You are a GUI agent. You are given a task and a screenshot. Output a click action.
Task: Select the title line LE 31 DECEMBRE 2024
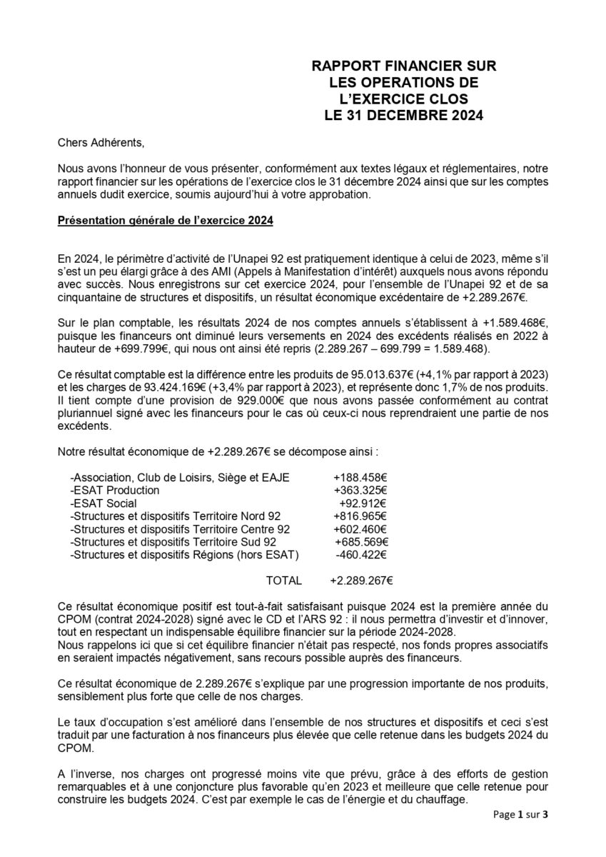(x=403, y=114)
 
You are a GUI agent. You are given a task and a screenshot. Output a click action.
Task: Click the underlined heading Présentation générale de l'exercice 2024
(x=166, y=221)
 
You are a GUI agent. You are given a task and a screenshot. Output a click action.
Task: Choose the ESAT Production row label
(x=115, y=491)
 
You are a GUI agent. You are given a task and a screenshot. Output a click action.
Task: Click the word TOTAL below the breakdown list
(x=283, y=581)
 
